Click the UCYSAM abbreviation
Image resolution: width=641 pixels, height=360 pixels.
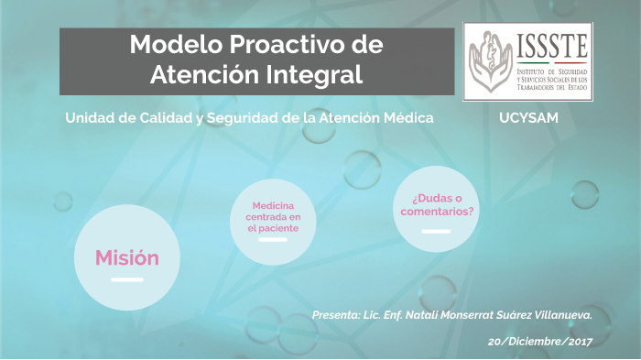click(528, 118)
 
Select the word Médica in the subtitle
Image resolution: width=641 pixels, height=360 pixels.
click(406, 118)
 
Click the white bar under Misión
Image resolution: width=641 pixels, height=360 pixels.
click(126, 278)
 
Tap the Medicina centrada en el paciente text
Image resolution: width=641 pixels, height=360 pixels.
click(273, 216)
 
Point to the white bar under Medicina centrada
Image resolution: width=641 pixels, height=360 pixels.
click(273, 240)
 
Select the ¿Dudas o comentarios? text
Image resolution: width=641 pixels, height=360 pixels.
click(437, 205)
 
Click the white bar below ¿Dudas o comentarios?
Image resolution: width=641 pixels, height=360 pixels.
click(436, 231)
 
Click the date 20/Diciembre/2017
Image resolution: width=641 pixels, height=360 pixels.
click(540, 341)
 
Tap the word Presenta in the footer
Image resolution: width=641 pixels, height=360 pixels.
click(335, 315)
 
